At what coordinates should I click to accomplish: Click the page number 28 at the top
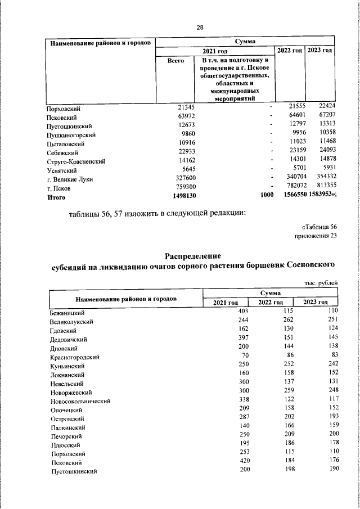[x=200, y=27]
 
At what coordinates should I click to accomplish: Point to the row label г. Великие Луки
[x=70, y=179]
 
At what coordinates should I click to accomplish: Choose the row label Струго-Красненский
[x=76, y=161]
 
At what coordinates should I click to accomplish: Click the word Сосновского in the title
[x=310, y=265]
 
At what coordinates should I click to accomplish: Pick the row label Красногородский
[x=74, y=357]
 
